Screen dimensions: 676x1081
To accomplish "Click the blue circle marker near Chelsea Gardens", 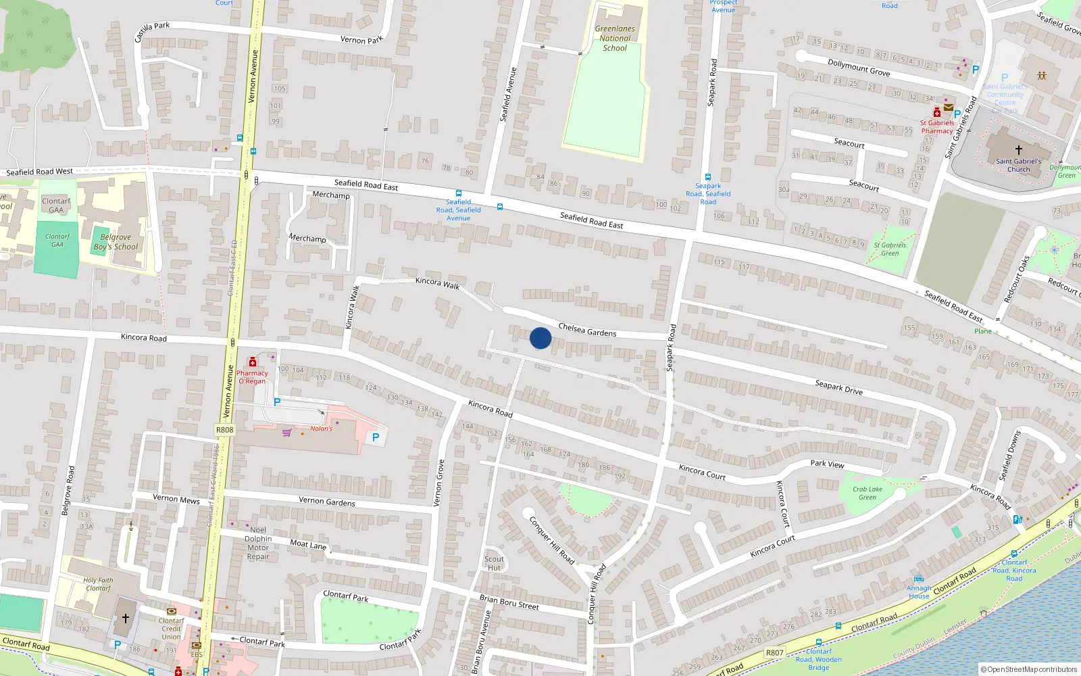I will point(540,338).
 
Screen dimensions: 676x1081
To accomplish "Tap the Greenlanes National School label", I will point(615,39).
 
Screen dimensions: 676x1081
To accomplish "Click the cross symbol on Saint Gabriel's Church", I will point(1018,150).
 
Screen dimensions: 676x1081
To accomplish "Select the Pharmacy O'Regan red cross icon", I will point(253,362).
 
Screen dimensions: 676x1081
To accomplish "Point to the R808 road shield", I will point(224,430).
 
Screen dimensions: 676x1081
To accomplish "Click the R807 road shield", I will point(774,652).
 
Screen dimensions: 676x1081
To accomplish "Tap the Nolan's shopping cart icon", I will point(287,433).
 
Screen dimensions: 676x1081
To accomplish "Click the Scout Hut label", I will point(494,563).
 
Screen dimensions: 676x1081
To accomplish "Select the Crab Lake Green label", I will point(868,493).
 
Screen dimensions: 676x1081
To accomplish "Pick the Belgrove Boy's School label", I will point(116,242).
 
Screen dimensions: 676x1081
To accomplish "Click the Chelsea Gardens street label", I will point(587,330).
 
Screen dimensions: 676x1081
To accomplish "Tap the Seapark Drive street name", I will point(838,387).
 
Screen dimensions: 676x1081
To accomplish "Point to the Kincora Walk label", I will point(437,283).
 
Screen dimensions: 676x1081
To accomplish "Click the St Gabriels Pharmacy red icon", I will point(937,113).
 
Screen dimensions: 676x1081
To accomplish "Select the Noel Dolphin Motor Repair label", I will point(258,544).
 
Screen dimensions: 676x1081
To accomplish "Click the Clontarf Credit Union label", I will point(172,629).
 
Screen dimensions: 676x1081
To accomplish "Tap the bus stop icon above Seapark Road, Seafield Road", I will point(708,177).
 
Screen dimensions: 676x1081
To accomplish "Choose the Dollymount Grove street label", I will point(859,68).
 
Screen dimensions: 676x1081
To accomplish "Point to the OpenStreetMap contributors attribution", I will point(1028,669).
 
